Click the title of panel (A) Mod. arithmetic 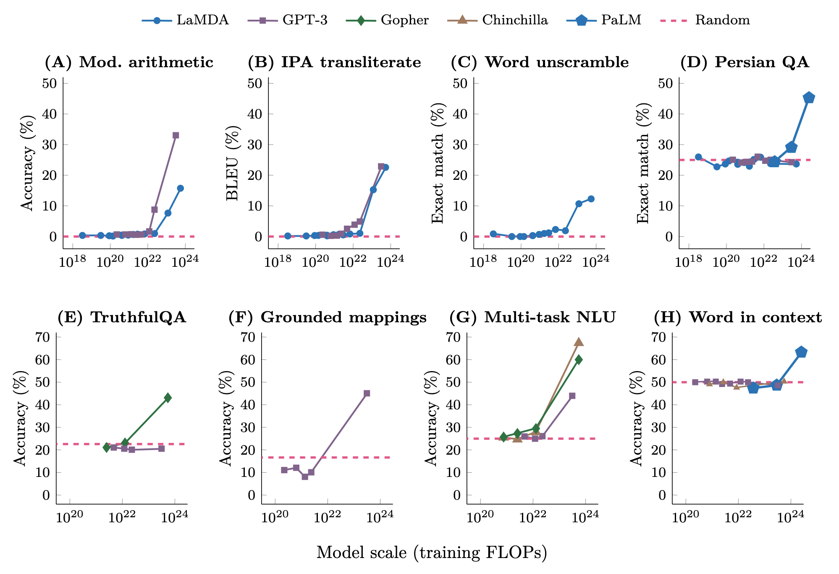pyautogui.click(x=129, y=62)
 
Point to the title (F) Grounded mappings pyautogui.click(x=327, y=317)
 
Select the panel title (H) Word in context pyautogui.click(x=738, y=317)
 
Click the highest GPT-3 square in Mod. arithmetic pyautogui.click(x=176, y=135)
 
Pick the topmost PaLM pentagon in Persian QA pyautogui.click(x=809, y=98)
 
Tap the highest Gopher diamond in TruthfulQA pyautogui.click(x=168, y=398)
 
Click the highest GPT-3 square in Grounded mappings pyautogui.click(x=367, y=393)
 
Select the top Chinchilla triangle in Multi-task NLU pyautogui.click(x=579, y=342)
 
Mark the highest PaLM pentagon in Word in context pyautogui.click(x=801, y=352)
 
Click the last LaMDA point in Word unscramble pyautogui.click(x=591, y=199)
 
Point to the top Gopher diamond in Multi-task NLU pyautogui.click(x=579, y=359)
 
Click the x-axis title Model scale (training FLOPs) pyautogui.click(x=432, y=553)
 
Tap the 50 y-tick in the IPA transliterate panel pyautogui.click(x=254, y=83)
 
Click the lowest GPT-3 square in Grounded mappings pyautogui.click(x=305, y=477)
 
